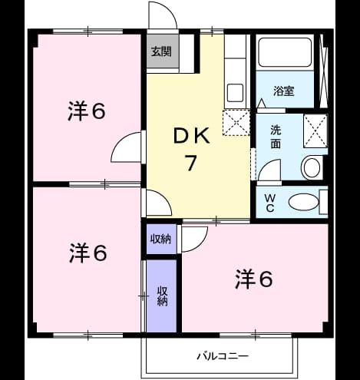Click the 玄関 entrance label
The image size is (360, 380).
pyautogui.click(x=161, y=52)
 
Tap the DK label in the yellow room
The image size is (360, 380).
pyautogui.click(x=192, y=137)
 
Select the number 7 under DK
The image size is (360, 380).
pyautogui.click(x=191, y=164)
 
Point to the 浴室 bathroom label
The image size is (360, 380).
pyautogui.click(x=284, y=91)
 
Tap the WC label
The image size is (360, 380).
pyautogui.click(x=270, y=203)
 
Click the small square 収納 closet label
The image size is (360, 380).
pyautogui.click(x=160, y=239)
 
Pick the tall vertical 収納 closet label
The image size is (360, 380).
pyautogui.click(x=162, y=296)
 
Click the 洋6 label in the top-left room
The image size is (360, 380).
pyautogui.click(x=87, y=111)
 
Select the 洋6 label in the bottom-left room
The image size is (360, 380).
pyautogui.click(x=88, y=253)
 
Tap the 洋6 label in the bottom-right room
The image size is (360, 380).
pyautogui.click(x=254, y=279)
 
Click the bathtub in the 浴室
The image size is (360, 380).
pyautogui.click(x=285, y=52)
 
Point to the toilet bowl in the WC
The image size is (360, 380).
pyautogui.click(x=304, y=202)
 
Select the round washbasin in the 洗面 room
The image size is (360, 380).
pyautogui.click(x=311, y=168)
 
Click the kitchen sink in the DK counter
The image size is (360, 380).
pyautogui.click(x=235, y=93)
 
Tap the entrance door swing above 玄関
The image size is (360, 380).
pyautogui.click(x=163, y=15)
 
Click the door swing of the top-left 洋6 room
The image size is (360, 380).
pyautogui.click(x=126, y=147)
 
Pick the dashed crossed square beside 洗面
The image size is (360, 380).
pyautogui.click(x=315, y=131)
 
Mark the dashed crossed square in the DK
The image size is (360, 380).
pyautogui.click(x=236, y=122)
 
